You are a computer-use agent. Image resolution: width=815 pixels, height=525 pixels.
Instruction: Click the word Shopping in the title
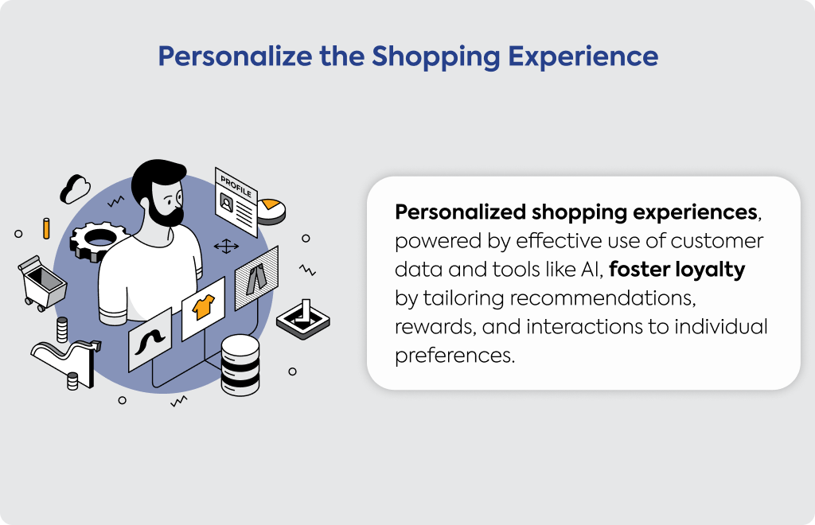coord(435,57)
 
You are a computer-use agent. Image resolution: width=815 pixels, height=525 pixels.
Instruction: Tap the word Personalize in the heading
coord(235,56)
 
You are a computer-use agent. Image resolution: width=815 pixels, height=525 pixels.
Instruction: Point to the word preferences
coord(454,356)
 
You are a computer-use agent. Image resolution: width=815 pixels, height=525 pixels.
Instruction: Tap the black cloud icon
coord(75,189)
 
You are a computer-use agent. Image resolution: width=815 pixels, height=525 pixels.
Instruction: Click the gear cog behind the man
coord(96,241)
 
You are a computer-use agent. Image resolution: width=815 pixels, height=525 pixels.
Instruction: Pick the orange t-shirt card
coord(203,309)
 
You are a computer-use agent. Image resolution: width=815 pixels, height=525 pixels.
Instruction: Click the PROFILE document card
coord(236,202)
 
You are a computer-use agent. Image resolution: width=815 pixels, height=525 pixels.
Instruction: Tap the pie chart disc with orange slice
coord(271,211)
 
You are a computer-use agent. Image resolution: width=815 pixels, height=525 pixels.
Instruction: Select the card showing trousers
coord(256,278)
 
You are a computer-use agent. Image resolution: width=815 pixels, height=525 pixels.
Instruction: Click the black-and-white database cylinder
coord(240,364)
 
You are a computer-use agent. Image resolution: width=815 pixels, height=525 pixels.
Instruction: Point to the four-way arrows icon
coord(226,246)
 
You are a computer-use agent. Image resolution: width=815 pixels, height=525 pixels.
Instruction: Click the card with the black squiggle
coord(150,340)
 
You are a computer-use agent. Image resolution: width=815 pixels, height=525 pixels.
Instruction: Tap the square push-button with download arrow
coord(303,319)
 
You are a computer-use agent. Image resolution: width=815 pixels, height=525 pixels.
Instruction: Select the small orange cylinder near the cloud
coord(46,228)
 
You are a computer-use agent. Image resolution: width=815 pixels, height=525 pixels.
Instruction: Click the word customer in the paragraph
coord(716,241)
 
